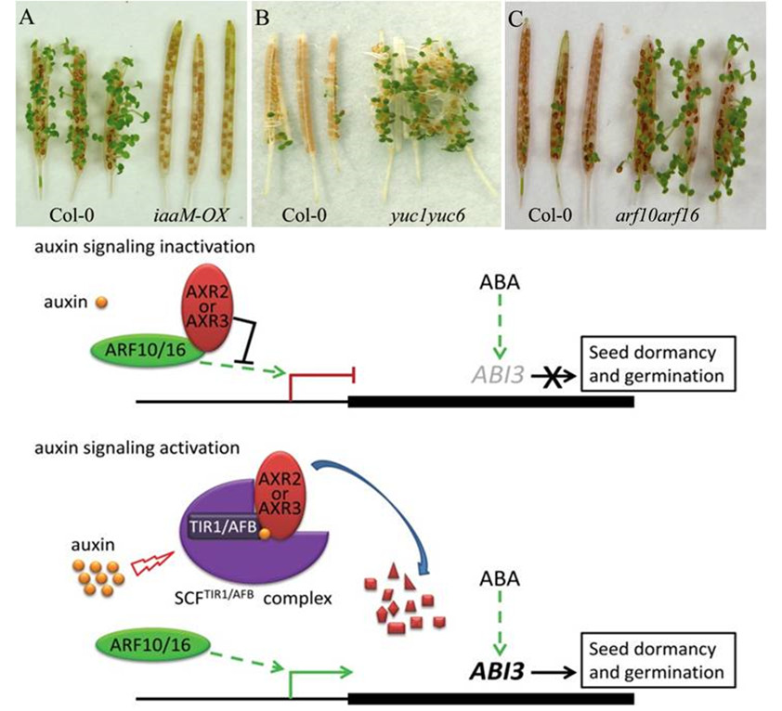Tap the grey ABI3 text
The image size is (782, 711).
500,376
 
